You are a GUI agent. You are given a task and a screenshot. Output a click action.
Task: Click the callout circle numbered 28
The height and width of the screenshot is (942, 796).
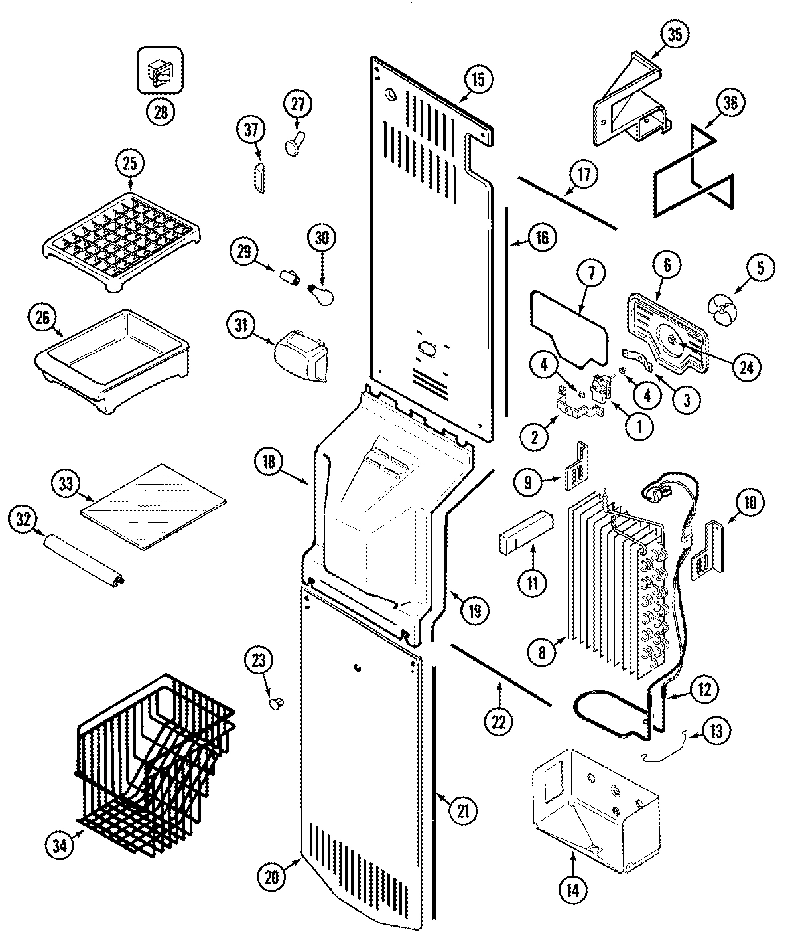click(x=160, y=110)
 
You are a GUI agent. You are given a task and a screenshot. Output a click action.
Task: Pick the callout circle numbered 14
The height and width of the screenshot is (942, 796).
click(x=572, y=890)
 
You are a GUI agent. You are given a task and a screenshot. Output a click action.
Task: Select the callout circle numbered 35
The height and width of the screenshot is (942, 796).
click(x=674, y=36)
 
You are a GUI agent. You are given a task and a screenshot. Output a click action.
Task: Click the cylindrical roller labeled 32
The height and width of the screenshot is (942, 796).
click(x=84, y=562)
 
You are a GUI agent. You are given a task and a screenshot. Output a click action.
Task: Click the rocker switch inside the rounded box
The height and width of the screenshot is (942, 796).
click(x=160, y=71)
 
